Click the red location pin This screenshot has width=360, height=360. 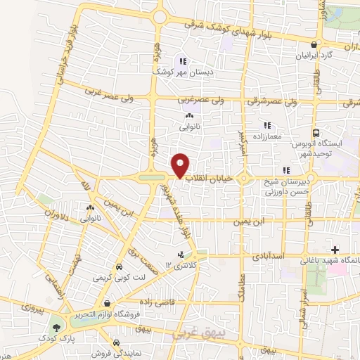point(181,165)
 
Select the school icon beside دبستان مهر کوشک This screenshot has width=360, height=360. point(183,60)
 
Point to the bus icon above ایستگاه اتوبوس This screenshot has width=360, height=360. point(316,132)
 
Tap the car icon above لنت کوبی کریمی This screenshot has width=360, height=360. point(119,267)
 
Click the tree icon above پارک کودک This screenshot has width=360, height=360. point(56,328)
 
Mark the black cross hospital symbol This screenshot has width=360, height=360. point(335,250)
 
